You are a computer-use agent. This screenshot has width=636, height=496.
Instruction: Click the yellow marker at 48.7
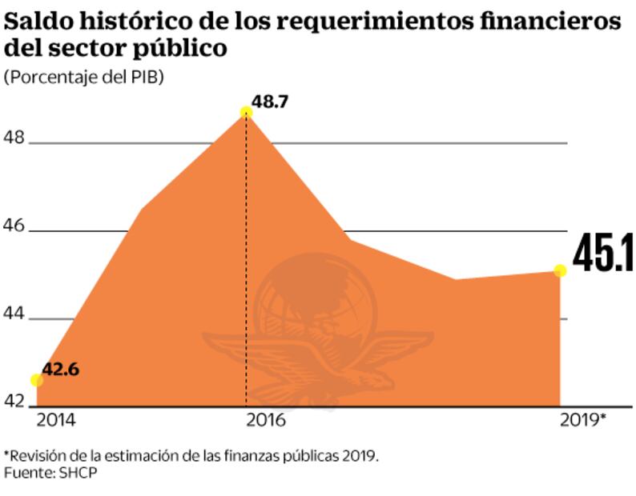point(246,113)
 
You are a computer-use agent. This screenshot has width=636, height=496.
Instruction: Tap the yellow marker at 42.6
point(37,380)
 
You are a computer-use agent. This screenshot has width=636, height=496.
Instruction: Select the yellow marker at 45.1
point(560,270)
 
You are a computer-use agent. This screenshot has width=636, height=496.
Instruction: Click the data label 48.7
point(270,102)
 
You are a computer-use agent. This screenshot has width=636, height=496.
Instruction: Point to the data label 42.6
point(61,369)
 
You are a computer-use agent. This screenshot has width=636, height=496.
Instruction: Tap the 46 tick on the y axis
point(15,226)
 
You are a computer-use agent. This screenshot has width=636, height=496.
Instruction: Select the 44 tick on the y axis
point(15,314)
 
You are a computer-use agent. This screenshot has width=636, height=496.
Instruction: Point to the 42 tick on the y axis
point(15,401)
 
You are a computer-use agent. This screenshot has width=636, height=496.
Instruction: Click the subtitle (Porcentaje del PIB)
point(83,78)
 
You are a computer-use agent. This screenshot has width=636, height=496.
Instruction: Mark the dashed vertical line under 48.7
point(246,264)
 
